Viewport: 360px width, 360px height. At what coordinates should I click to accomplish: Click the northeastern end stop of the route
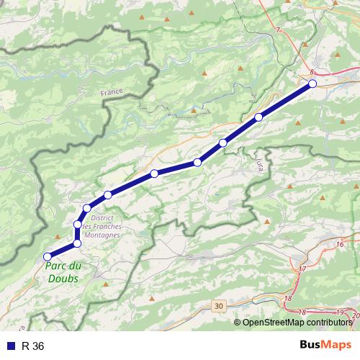coord(312,84)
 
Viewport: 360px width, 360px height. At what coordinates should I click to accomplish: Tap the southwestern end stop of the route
coord(48,256)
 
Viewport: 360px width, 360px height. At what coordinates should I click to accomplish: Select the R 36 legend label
coord(33,346)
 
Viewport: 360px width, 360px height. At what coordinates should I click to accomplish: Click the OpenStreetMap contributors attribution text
coord(299,323)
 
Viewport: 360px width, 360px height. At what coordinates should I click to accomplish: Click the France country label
coord(112,93)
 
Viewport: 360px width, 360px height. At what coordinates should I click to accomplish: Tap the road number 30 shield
coord(219,306)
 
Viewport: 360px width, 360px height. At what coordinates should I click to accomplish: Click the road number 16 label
coord(339,245)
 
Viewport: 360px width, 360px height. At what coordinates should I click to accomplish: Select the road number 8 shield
coord(312,72)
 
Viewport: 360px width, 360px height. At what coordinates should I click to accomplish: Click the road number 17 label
coord(302,269)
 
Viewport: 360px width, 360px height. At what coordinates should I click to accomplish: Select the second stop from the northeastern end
coord(258,117)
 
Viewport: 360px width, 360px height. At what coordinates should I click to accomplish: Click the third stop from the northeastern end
coord(223,143)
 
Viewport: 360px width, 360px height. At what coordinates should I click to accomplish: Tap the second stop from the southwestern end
coord(77,243)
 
